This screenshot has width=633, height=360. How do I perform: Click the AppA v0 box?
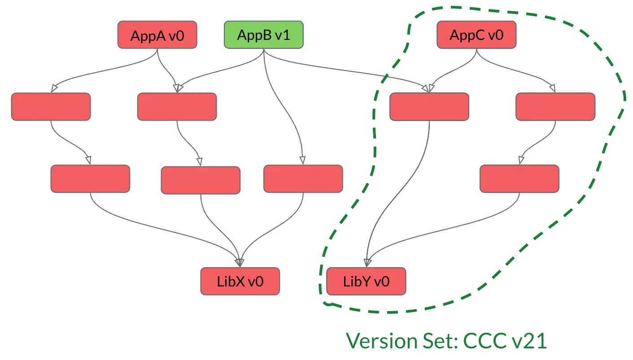click(157, 35)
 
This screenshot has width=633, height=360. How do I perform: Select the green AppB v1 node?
click(263, 35)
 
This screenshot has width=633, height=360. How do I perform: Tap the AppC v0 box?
click(476, 35)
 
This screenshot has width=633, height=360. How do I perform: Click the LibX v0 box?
click(240, 281)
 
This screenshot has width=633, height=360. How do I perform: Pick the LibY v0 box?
click(366, 281)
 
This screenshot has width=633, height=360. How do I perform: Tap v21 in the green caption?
click(529, 341)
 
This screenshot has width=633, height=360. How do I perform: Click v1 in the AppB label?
click(282, 35)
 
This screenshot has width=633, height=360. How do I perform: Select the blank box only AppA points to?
click(51, 107)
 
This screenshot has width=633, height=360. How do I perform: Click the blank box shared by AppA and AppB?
click(177, 107)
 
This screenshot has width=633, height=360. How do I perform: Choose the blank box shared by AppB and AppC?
click(429, 107)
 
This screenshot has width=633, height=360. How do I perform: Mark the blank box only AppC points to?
click(555, 107)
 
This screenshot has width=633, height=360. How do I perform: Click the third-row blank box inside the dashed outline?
click(519, 178)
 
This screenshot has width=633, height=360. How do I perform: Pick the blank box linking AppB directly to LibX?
click(303, 178)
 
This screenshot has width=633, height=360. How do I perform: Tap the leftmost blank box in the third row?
click(90, 178)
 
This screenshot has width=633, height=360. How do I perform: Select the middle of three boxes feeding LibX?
click(201, 180)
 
